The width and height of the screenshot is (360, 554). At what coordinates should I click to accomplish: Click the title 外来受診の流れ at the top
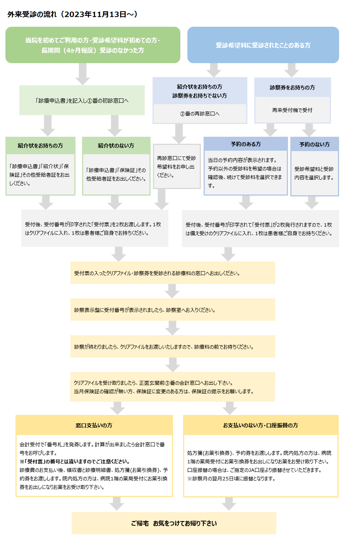pos(32,14)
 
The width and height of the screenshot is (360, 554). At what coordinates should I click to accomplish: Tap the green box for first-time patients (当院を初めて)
pos(93,45)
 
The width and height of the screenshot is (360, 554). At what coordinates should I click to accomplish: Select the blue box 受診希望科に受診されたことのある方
pos(263,45)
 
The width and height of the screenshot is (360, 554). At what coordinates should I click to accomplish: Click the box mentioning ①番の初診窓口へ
pos(82,100)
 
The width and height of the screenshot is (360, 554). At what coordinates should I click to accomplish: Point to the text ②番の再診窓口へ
pos(200,114)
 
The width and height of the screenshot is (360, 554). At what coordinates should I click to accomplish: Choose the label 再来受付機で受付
pos(292,110)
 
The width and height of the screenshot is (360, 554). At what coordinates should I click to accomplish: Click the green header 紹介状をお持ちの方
pos(40,145)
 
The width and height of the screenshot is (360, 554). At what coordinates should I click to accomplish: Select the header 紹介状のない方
pos(116,145)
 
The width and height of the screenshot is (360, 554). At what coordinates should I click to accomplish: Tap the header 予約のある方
pos(245,144)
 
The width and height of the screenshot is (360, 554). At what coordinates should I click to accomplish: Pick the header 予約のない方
pos(315,144)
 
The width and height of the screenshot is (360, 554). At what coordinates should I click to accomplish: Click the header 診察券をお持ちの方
pos(292,87)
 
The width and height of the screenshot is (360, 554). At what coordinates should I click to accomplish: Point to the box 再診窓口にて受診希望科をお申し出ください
pos(177,167)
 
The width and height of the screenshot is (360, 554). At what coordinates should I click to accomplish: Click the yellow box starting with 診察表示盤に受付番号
pos(173,310)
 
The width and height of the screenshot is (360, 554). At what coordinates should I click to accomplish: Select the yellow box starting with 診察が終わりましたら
pos(173,346)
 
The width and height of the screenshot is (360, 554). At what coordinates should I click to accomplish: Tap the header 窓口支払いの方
pos(94,425)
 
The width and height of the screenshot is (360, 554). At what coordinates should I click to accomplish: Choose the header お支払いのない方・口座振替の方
pos(261,425)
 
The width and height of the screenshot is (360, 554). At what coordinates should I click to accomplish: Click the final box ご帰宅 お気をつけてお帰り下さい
pos(174,523)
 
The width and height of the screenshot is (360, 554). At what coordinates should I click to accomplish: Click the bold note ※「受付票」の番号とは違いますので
pos(75,461)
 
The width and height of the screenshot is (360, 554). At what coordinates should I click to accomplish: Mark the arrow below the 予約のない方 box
pos(312,203)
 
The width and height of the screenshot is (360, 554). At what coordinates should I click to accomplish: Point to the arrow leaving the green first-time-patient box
pos(82,74)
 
